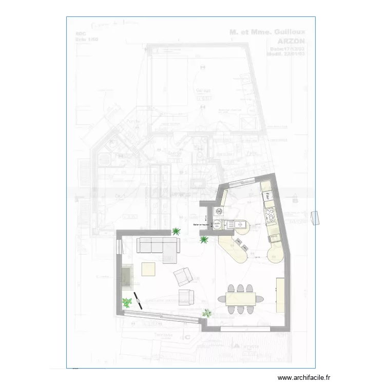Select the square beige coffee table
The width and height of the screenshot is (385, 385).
point(149,269)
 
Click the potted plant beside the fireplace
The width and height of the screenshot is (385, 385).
point(126,303)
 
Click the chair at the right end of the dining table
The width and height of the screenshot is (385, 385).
point(259,298)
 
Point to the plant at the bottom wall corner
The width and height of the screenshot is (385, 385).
point(207,313)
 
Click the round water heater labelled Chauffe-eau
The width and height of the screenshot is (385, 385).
point(217,225)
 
